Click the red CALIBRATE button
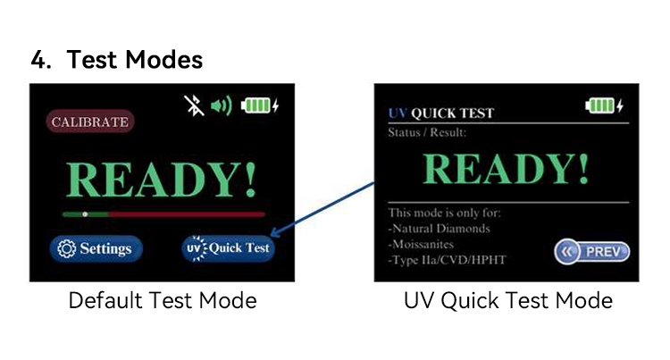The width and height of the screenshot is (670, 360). click(x=89, y=121)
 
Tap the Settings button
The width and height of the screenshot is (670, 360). click(x=94, y=248)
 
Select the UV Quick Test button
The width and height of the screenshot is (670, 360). click(x=228, y=247)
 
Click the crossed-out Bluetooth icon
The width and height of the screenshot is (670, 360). click(x=193, y=105)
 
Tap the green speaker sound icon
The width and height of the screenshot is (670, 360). click(x=221, y=105)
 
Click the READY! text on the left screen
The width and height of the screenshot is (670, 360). click(x=162, y=180)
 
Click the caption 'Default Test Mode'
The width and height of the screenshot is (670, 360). click(x=163, y=300)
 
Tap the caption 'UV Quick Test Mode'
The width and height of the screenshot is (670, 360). click(x=507, y=300)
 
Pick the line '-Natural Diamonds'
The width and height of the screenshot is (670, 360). click(x=439, y=228)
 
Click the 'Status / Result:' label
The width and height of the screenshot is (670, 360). click(x=428, y=132)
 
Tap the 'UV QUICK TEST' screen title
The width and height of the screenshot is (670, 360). click(x=441, y=113)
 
